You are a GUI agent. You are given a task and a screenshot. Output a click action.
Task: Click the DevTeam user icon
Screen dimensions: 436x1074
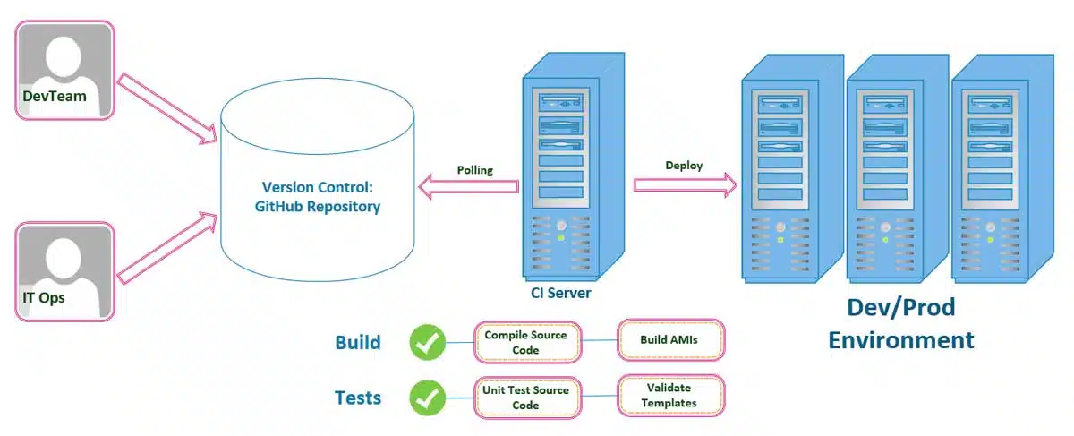pos(65,70)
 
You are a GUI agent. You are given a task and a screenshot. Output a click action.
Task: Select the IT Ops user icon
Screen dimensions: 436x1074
pos(65,271)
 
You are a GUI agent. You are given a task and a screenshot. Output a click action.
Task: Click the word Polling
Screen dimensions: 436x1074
pos(474,169)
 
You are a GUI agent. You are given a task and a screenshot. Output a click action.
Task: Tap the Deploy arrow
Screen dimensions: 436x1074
pos(685,184)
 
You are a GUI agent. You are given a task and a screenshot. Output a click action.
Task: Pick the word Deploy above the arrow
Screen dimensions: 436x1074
pos(684,166)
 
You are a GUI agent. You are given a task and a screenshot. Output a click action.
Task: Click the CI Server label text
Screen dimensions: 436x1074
pos(561,293)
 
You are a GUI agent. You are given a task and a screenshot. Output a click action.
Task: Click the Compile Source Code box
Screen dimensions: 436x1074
pos(526,342)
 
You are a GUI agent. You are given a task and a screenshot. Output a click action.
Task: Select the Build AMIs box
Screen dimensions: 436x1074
pos(670,340)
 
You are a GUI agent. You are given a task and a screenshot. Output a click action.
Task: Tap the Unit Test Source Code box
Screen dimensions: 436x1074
pos(526,398)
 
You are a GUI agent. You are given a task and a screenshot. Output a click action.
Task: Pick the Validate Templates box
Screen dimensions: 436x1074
pos(670,396)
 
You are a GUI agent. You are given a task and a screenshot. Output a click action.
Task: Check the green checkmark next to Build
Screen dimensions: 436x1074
pos(428,342)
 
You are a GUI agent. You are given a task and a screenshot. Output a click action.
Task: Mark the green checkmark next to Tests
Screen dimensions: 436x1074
pos(428,398)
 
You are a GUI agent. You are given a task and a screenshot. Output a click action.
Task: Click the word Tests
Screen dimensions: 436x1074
pos(358,398)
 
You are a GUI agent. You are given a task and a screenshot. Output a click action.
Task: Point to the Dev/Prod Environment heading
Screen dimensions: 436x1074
pos(900,324)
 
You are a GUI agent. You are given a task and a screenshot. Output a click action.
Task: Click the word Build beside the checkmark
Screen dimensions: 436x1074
pos(358,342)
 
